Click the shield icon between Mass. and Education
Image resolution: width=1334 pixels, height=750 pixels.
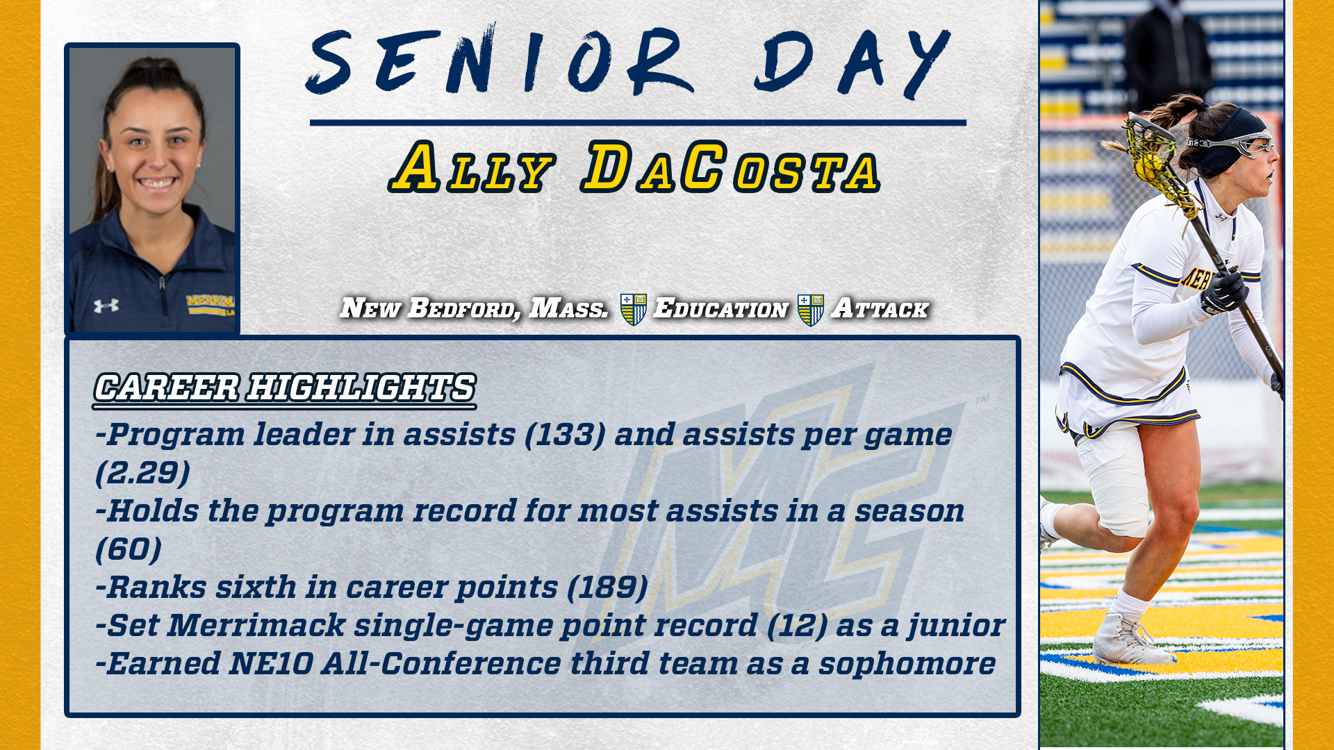[633, 309]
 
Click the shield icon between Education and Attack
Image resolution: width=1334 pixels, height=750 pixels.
[810, 309]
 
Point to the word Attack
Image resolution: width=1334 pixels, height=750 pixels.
[880, 308]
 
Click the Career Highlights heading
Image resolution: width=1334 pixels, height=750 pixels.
[285, 387]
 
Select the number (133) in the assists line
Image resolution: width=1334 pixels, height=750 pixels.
[565, 435]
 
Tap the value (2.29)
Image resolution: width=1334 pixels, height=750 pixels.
[142, 474]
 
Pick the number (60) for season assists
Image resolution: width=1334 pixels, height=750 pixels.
[129, 550]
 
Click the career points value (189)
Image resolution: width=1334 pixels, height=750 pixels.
[607, 588]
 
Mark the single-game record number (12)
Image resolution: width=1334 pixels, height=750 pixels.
[797, 626]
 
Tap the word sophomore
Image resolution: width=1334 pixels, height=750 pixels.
[907, 664]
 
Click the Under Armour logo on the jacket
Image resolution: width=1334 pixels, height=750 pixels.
[106, 306]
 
